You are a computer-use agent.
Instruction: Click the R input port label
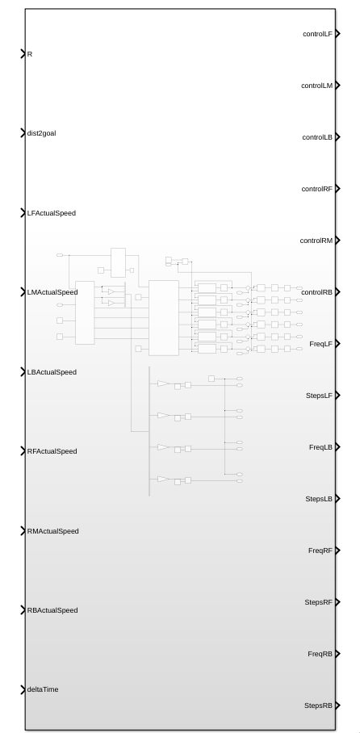pyautogui.click(x=30, y=54)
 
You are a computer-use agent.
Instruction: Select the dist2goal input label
pyautogui.click(x=42, y=133)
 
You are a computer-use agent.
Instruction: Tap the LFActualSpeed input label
pyautogui.click(x=52, y=213)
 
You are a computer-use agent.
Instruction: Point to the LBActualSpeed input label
pyautogui.click(x=52, y=372)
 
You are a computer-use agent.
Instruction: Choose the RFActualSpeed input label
pyautogui.click(x=52, y=451)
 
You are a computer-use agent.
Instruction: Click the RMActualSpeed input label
pyautogui.click(x=52, y=531)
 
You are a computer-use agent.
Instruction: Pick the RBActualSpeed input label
pyautogui.click(x=52, y=610)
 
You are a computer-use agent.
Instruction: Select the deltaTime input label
pyautogui.click(x=43, y=689)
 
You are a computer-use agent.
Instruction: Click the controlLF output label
pyautogui.click(x=318, y=34)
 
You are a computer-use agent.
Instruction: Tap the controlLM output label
pyautogui.click(x=317, y=86)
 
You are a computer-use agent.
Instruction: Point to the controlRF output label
pyautogui.click(x=317, y=189)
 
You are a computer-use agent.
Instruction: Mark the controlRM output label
pyautogui.click(x=316, y=241)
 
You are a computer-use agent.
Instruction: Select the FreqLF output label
pyautogui.click(x=321, y=344)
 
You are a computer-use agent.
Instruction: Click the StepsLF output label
pyautogui.click(x=320, y=396)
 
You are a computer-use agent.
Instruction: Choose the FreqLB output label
pyautogui.click(x=320, y=447)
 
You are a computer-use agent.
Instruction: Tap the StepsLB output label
pyautogui.click(x=320, y=499)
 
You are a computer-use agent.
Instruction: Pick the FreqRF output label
pyautogui.click(x=320, y=551)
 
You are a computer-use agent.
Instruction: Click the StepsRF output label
pyautogui.click(x=319, y=602)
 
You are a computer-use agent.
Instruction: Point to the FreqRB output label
pyautogui.click(x=320, y=654)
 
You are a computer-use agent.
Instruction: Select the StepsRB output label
pyautogui.click(x=319, y=706)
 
